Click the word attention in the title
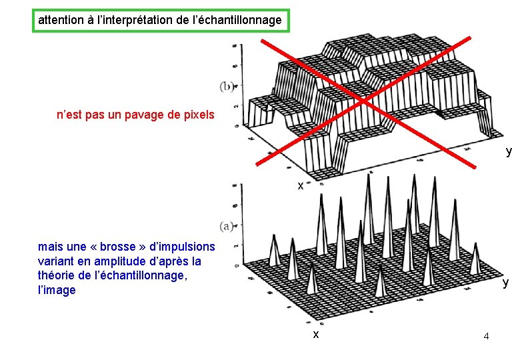61,20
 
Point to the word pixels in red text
198,115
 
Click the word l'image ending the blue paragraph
57,291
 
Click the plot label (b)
226,86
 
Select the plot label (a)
226,227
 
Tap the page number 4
486,336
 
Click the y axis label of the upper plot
509,152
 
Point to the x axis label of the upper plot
301,186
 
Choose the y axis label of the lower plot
505,283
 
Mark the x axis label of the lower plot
316,334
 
